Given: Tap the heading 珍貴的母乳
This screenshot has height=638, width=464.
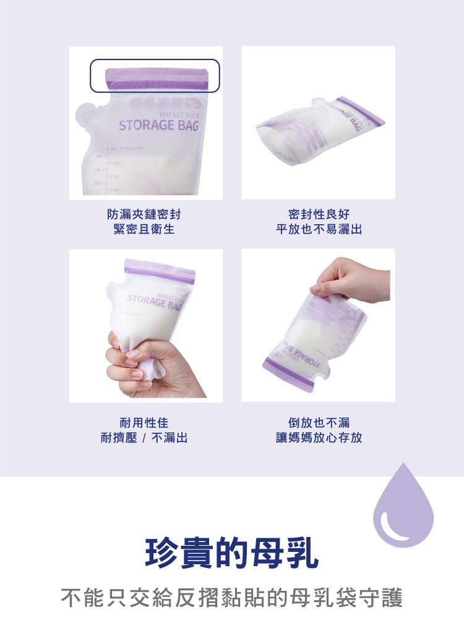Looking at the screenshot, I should (x=232, y=554).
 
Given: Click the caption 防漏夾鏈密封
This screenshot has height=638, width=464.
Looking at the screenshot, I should (x=144, y=214).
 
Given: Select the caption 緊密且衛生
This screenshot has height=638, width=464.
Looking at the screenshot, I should (x=144, y=229).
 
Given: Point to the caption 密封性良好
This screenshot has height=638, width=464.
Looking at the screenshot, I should (x=319, y=214).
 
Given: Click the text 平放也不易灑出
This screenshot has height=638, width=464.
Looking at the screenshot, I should (x=319, y=229).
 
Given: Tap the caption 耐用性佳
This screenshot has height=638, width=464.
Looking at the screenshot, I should (x=144, y=423).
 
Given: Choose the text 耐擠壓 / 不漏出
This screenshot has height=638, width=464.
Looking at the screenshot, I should (x=144, y=438).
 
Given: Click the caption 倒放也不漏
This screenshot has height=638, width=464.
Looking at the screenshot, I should (x=319, y=423).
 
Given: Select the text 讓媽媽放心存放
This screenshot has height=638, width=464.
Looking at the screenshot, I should (x=319, y=438).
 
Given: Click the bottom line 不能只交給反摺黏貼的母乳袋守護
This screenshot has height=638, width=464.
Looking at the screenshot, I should (x=232, y=598).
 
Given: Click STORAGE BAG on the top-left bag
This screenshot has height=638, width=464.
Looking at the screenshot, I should (x=158, y=126).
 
